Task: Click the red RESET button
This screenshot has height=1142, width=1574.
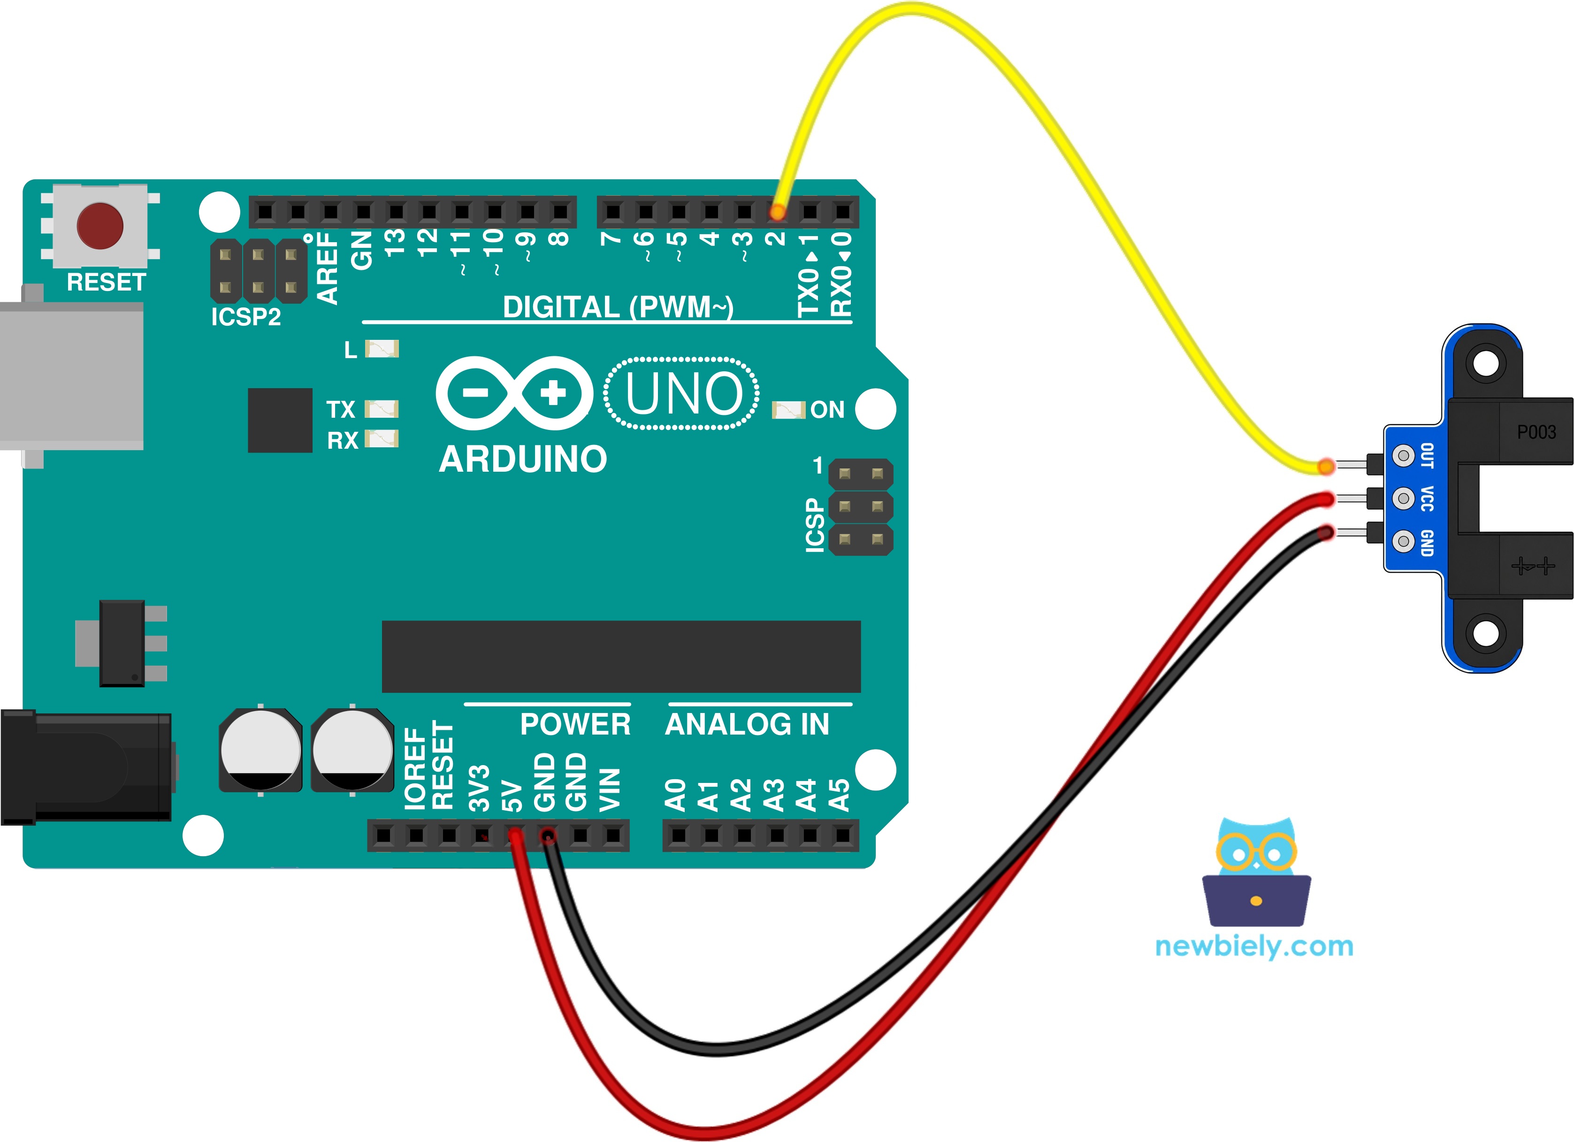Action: pos(100,226)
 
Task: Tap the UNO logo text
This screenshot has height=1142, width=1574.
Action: pos(684,394)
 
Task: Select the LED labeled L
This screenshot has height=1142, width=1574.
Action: pos(382,348)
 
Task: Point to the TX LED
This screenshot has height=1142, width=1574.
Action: pos(382,408)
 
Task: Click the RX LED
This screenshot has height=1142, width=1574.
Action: pos(382,439)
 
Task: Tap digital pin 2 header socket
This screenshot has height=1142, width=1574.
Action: pos(777,211)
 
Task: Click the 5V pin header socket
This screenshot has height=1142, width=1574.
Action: pos(515,835)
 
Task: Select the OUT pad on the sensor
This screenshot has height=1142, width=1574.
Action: pos(1404,455)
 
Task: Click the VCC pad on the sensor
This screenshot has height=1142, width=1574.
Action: pos(1404,498)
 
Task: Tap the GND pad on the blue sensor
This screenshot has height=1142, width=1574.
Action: pos(1404,540)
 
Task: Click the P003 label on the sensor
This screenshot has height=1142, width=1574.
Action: pos(1536,432)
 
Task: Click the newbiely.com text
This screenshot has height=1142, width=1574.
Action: pos(1254,946)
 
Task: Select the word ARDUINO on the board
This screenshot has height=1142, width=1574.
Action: pos(523,459)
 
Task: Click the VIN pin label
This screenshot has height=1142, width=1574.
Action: pos(609,790)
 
